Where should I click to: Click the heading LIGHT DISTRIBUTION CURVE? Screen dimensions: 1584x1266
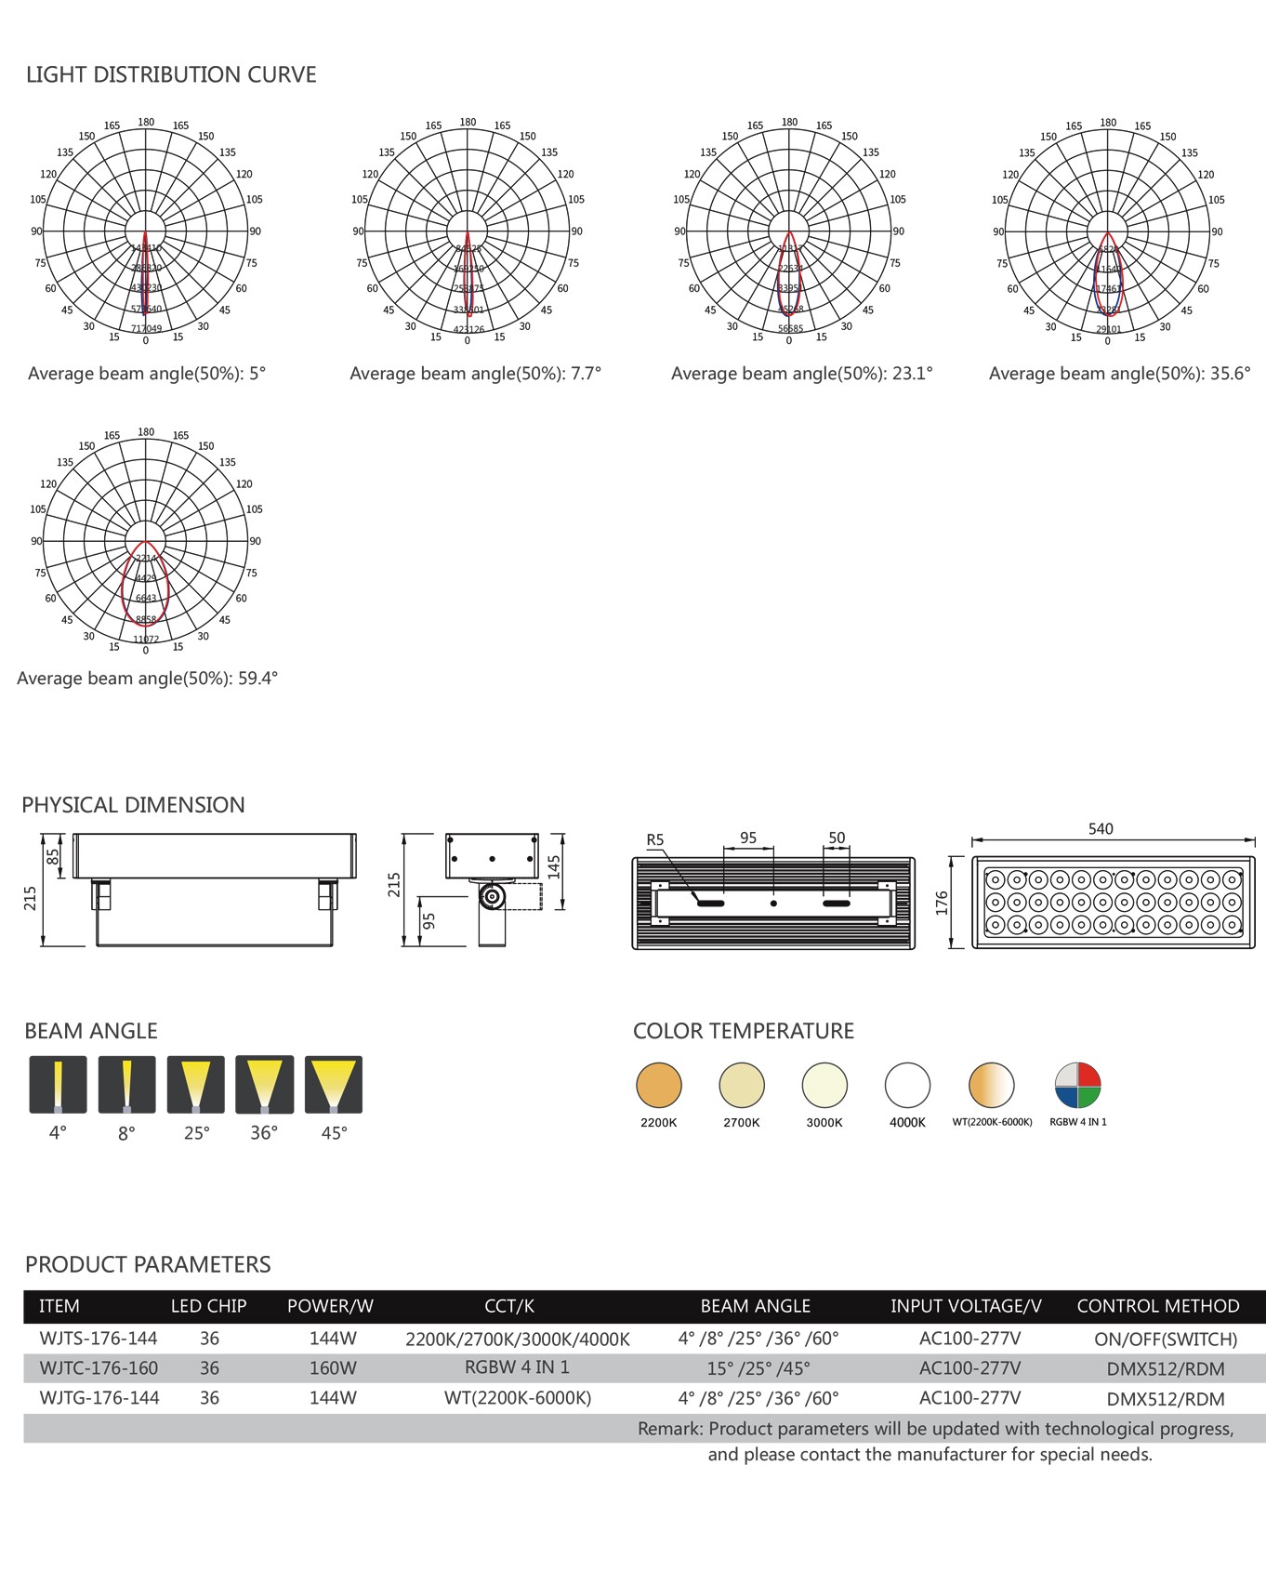point(171,74)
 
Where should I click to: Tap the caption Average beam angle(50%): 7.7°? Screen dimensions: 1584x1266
point(475,374)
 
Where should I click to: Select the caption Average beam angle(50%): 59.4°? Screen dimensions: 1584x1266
point(147,679)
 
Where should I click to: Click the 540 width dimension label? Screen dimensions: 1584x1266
point(1101,828)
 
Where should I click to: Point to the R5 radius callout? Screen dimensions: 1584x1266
point(655,839)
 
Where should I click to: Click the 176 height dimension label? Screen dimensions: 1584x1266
point(942,903)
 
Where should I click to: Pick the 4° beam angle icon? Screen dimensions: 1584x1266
point(58,1084)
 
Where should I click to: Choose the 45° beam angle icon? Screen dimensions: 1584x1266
point(334,1084)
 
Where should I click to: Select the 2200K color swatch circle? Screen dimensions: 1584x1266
point(659,1085)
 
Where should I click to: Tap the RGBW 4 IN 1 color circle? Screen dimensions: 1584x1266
point(1077,1085)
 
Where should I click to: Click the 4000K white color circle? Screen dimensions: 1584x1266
point(907,1085)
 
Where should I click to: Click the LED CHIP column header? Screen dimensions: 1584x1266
point(208,1306)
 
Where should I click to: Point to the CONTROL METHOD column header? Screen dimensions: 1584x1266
point(1158,1306)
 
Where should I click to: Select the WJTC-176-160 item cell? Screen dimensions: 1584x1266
point(99,1368)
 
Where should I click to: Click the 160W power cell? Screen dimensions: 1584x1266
point(333,1368)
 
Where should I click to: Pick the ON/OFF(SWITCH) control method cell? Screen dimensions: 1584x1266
point(1166,1340)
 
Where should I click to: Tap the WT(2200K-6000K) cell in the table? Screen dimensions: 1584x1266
point(518,1398)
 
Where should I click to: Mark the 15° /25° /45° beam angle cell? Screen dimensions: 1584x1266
point(758,1368)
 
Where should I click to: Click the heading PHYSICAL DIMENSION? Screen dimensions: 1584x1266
point(133,805)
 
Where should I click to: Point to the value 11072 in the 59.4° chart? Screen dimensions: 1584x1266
point(146,640)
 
